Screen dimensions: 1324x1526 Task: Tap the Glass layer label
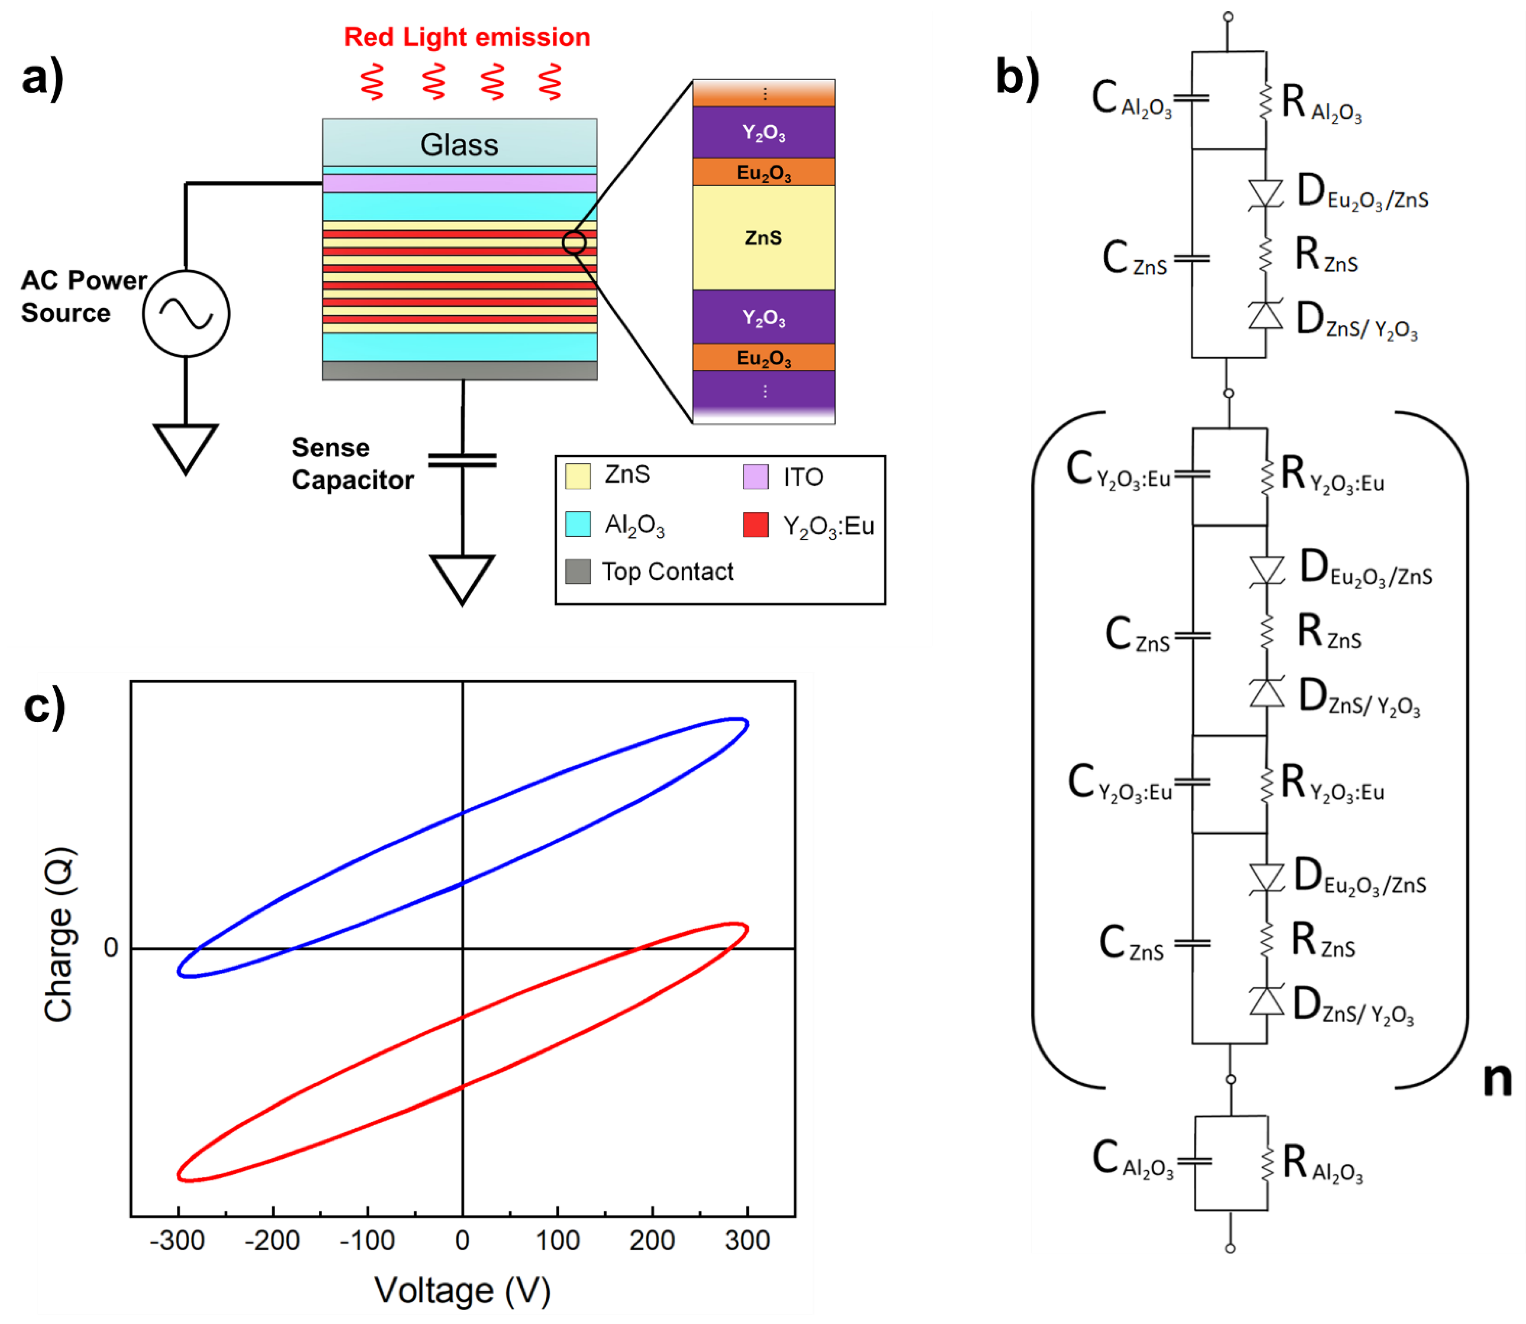coord(459,145)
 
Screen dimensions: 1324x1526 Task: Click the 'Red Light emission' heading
coord(467,37)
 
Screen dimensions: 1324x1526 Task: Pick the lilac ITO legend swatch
coord(755,476)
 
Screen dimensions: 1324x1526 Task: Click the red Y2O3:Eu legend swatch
coord(755,525)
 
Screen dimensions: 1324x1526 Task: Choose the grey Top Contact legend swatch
coord(578,571)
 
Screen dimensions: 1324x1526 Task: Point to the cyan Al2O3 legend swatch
coord(578,524)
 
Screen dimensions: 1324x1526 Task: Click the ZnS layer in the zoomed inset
coord(763,238)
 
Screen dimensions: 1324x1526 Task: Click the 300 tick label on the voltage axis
coord(747,1240)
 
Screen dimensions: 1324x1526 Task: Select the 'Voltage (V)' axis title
coord(463,1290)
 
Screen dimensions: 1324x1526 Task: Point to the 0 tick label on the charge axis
coord(111,948)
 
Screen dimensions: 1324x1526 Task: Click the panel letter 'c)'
coord(44,706)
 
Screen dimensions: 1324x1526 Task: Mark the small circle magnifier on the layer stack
coord(574,242)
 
